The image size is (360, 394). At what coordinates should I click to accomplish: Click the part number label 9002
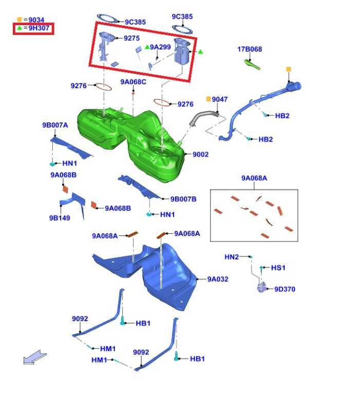pyautogui.click(x=200, y=154)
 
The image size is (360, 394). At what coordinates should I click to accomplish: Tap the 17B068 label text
pyautogui.click(x=250, y=49)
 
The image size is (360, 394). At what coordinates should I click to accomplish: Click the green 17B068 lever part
pyautogui.click(x=252, y=64)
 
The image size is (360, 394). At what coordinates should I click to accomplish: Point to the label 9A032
pyautogui.click(x=218, y=279)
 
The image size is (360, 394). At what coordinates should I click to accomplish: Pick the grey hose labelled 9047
pyautogui.click(x=204, y=117)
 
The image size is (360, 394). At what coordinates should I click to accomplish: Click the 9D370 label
pyautogui.click(x=285, y=289)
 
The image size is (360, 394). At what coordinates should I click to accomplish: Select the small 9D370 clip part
pyautogui.click(x=261, y=287)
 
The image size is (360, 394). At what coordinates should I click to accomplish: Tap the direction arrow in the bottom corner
pyautogui.click(x=35, y=357)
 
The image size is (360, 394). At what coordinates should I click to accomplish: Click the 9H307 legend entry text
pyautogui.click(x=39, y=28)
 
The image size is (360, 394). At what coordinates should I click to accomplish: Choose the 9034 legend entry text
pyautogui.click(x=36, y=19)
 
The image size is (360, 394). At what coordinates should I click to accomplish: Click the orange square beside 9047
pyautogui.click(x=209, y=99)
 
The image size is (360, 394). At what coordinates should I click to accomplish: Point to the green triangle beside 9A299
pyautogui.click(x=147, y=47)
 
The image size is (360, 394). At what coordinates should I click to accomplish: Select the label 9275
pyautogui.click(x=131, y=38)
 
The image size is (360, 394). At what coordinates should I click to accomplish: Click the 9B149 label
pyautogui.click(x=60, y=218)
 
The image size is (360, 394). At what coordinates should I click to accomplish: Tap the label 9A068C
pyautogui.click(x=133, y=82)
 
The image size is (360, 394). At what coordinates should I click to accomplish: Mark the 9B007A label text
pyautogui.click(x=55, y=125)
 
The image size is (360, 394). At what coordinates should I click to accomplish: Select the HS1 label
pyautogui.click(x=278, y=268)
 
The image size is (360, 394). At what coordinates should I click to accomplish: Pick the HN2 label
pyautogui.click(x=232, y=257)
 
